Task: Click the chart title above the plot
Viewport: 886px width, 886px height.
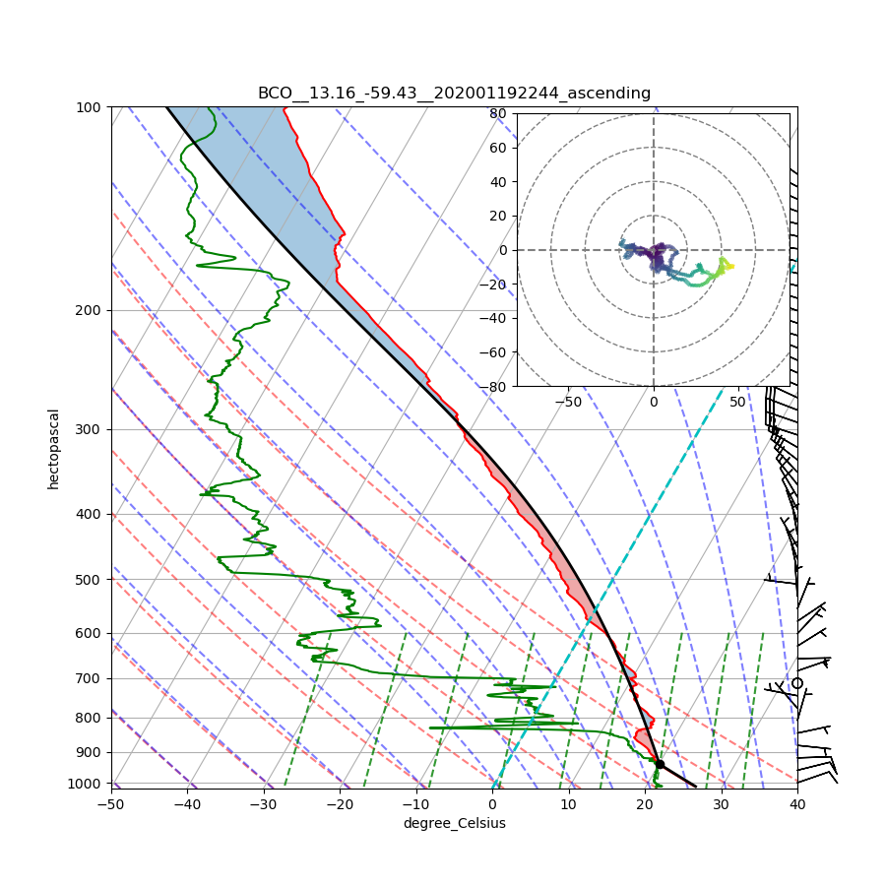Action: [x=454, y=94]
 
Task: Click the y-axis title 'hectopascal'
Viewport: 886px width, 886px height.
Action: [x=53, y=449]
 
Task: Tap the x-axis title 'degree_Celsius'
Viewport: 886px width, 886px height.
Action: [x=454, y=823]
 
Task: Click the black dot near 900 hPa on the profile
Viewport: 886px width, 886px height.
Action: [x=660, y=764]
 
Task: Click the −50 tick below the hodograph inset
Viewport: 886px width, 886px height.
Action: [x=568, y=402]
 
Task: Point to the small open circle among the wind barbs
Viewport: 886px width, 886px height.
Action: [x=797, y=683]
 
